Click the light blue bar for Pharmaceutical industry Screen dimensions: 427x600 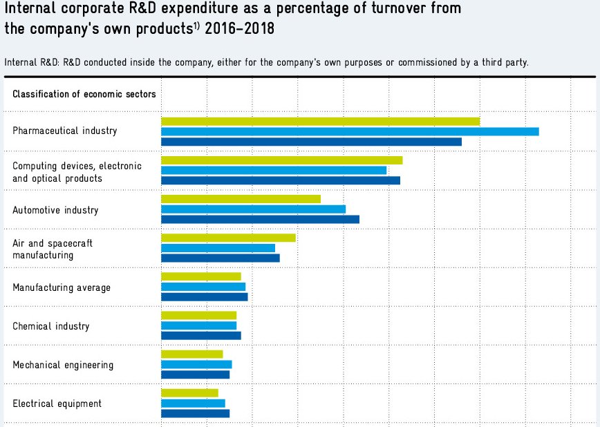(350, 131)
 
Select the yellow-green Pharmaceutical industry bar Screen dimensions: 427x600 (320, 121)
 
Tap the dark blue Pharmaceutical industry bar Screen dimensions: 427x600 (311, 142)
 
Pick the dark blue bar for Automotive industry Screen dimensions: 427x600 (260, 219)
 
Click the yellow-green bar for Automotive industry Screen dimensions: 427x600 (241, 199)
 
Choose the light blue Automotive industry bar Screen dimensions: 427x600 (253, 209)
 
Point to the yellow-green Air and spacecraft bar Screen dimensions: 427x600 (228, 238)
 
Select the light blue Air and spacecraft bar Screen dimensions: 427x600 (218, 248)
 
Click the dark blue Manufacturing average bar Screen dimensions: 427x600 (204, 297)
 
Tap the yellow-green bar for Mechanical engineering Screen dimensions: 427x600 (191, 354)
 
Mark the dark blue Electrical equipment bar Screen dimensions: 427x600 (195, 413)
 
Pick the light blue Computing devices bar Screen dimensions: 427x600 (274, 170)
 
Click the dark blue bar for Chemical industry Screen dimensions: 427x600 (200, 336)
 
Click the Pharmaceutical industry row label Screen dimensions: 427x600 (65, 131)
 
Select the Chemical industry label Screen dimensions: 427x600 (51, 326)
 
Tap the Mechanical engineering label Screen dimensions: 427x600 (63, 365)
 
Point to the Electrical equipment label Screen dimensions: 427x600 (57, 404)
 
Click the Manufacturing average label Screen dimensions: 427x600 (62, 287)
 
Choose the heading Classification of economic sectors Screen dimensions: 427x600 (84, 94)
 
